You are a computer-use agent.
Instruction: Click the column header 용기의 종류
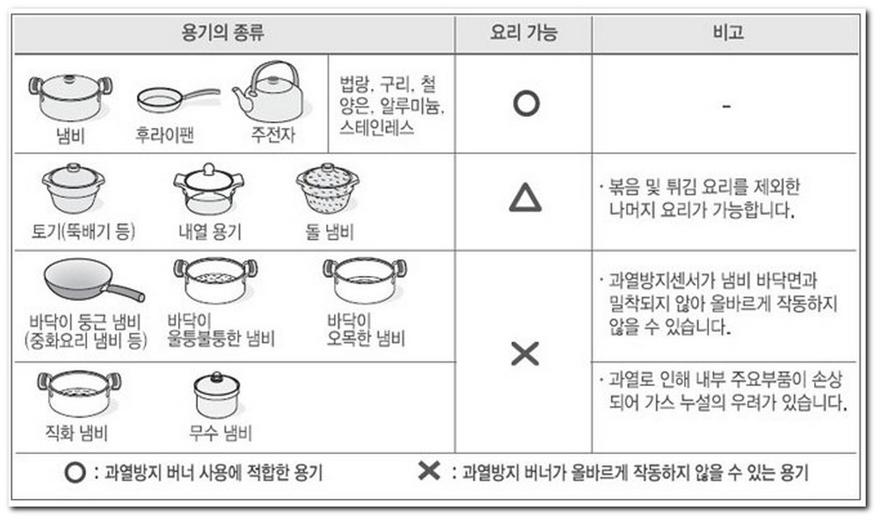click(222, 32)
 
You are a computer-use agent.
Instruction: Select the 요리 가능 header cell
click(523, 32)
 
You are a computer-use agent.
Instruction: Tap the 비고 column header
click(727, 32)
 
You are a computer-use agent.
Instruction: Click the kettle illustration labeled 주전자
click(268, 92)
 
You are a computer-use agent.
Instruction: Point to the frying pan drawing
click(177, 100)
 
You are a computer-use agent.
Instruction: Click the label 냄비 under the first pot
click(71, 135)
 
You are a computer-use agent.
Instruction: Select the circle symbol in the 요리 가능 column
click(526, 104)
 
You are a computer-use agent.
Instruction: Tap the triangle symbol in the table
click(525, 198)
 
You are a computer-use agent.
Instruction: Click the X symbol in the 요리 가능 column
click(525, 353)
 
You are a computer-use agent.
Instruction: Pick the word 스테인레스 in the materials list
click(377, 128)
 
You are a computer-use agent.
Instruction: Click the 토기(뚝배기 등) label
click(83, 230)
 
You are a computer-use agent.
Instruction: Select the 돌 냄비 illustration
click(327, 188)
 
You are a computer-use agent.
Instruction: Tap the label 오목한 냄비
click(366, 339)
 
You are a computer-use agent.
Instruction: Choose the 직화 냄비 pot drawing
click(79, 393)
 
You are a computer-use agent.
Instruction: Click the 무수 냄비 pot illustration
click(217, 396)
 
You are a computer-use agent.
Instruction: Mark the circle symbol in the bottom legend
click(75, 473)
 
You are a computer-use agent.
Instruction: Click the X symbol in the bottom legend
click(429, 470)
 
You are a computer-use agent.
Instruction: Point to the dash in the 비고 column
click(726, 106)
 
